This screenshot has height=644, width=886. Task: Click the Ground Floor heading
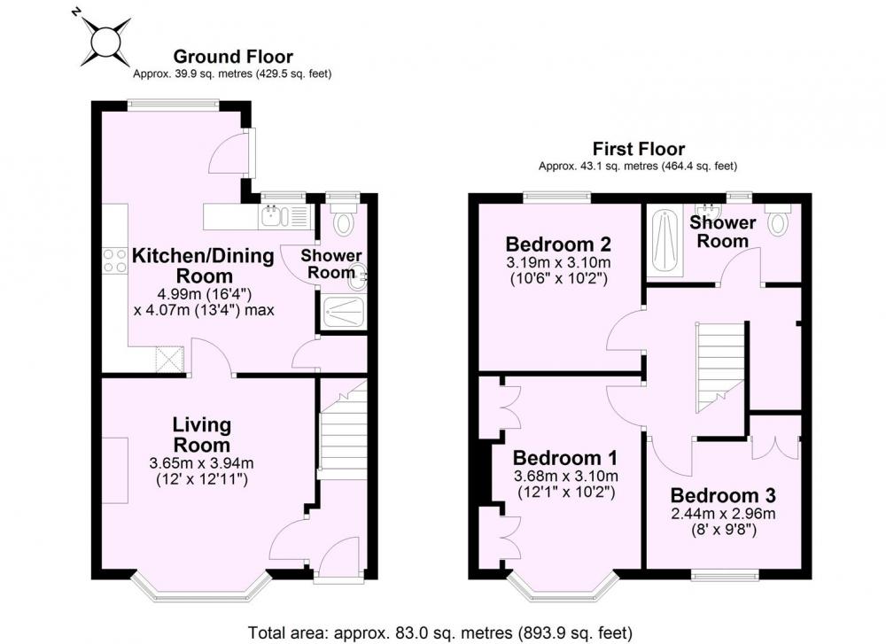pos(233,57)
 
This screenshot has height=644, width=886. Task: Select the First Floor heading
pos(639,149)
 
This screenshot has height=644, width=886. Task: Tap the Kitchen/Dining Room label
pos(204,266)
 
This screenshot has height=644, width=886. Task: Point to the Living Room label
pos(202,434)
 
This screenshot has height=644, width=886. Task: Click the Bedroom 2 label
pos(558,244)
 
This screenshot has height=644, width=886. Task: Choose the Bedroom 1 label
pos(565,457)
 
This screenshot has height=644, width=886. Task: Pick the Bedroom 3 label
pos(723,495)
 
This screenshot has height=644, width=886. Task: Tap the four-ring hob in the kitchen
pos(114,260)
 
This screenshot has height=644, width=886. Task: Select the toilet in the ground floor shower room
pos(342,219)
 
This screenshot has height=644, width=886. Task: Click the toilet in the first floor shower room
pos(779,218)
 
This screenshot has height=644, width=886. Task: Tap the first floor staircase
pos(719,368)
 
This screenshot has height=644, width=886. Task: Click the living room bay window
pos(200,587)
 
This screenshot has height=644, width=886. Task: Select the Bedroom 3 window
pos(725,575)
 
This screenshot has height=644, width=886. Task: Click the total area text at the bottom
pos(440,632)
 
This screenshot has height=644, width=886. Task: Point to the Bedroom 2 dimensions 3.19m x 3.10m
pos(558,263)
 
